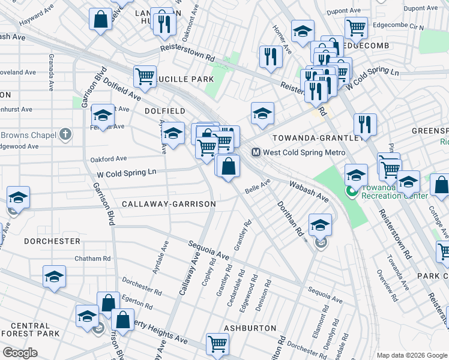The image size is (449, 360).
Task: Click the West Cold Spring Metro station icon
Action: coord(256,152)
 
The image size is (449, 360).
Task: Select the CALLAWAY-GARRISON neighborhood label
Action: coord(169,204)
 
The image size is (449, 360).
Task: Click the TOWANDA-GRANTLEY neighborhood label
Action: coord(316,137)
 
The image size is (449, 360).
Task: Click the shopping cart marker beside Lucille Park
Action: coord(145,76)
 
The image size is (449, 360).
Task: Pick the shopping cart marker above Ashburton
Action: coord(217,343)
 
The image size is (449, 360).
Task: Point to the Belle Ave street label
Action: coord(259,185)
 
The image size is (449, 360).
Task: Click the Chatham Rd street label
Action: coord(92,259)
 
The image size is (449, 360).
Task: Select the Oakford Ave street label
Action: coord(108,159)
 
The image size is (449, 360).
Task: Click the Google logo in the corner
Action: coord(20,352)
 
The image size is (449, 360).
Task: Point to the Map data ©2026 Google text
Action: coord(411,355)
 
